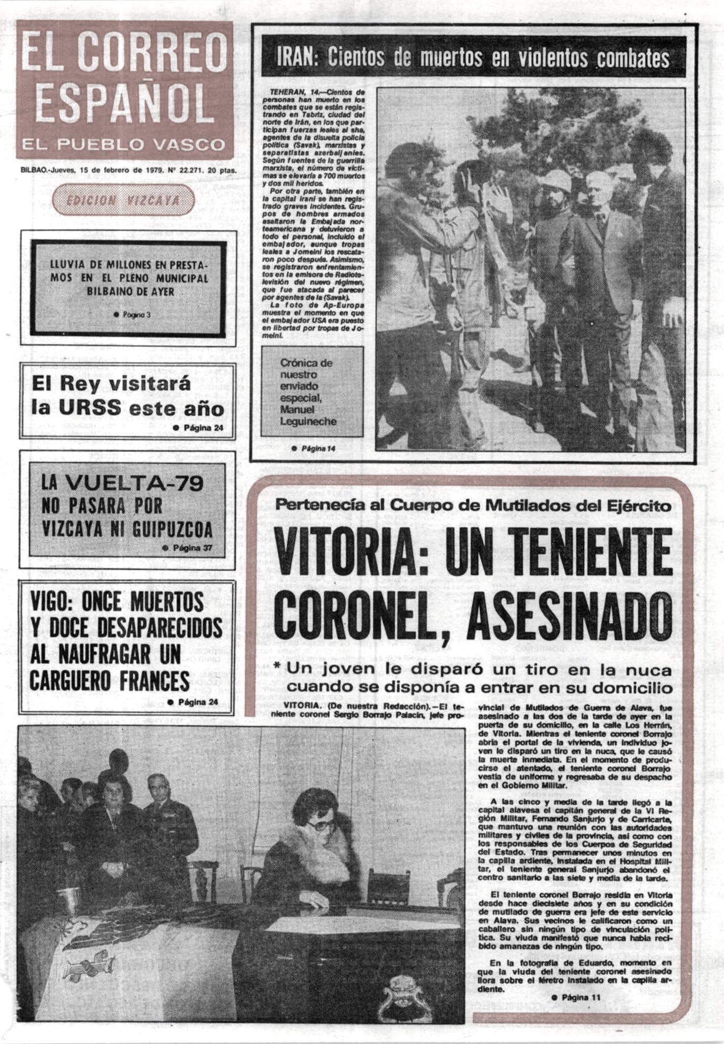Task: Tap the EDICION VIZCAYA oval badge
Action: (123, 200)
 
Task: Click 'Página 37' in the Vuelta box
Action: (192, 549)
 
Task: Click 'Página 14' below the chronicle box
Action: (314, 449)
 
